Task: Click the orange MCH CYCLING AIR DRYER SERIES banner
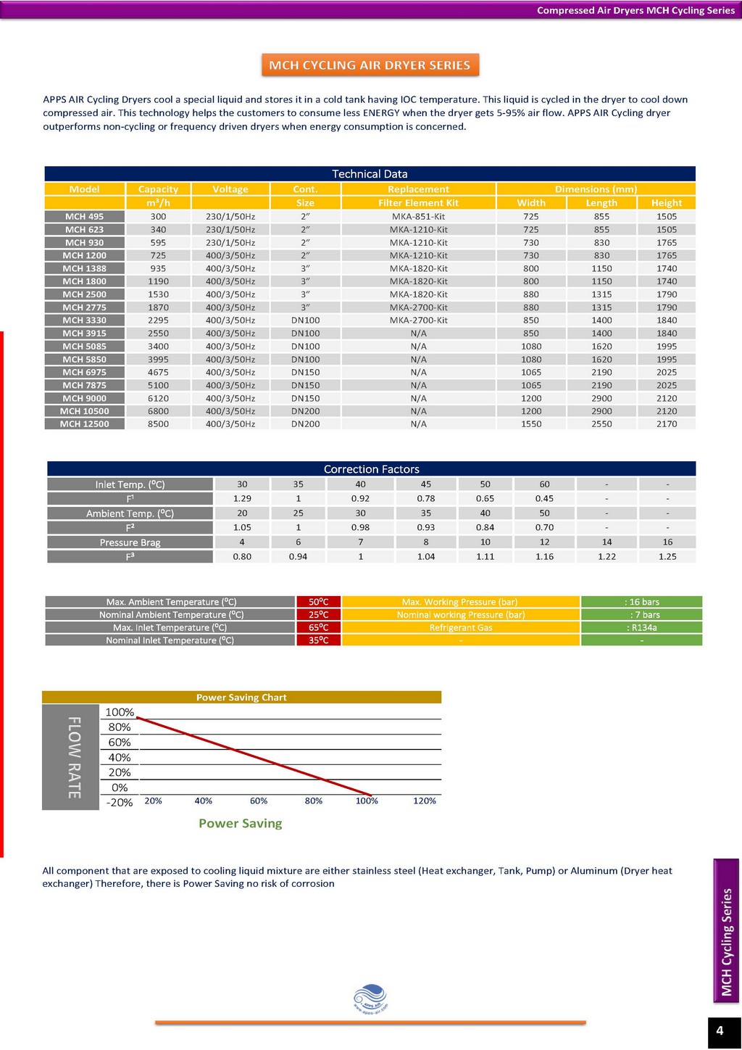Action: point(370,65)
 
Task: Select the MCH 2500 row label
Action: point(84,294)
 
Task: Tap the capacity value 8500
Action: point(159,423)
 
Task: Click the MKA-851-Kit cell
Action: point(418,217)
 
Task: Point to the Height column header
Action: point(666,203)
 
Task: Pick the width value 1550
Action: point(531,423)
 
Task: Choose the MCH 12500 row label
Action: point(84,423)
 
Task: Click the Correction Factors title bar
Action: point(372,468)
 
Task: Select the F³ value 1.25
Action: point(667,556)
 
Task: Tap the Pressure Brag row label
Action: point(130,542)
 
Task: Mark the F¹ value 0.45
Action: point(544,498)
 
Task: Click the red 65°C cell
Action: point(319,627)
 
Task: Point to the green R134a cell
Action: point(641,627)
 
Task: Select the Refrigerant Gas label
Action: point(461,627)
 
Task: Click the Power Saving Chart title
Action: point(241,697)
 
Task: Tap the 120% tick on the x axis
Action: point(425,801)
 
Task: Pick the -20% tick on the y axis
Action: point(120,802)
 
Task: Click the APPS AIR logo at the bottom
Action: point(370,999)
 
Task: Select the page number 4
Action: point(720,1030)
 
